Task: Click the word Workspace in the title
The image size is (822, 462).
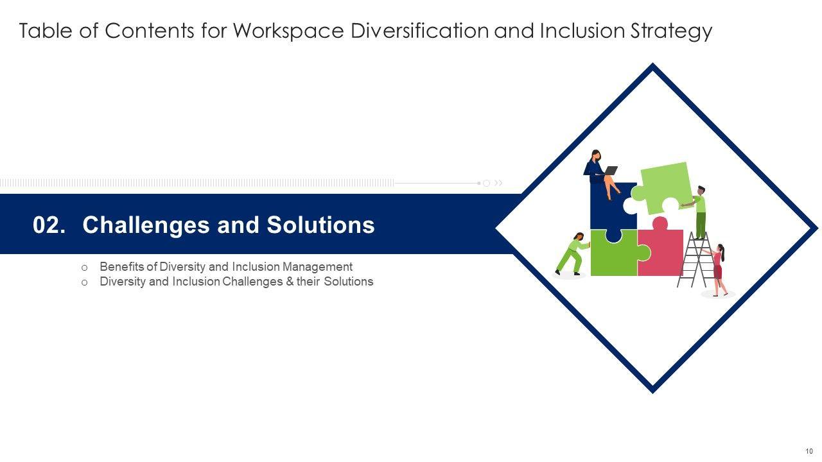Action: click(288, 31)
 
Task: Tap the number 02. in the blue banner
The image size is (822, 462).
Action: click(49, 225)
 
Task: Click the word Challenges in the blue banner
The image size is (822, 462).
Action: click(146, 225)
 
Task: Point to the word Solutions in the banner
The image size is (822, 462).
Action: click(320, 225)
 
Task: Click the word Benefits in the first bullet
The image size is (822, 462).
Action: click(122, 266)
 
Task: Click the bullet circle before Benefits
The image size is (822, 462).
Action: click(84, 268)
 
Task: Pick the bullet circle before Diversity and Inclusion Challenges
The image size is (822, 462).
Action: click(84, 283)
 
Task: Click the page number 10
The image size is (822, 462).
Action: click(809, 451)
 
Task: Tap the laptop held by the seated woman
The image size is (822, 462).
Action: click(611, 171)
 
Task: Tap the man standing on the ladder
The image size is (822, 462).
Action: click(698, 212)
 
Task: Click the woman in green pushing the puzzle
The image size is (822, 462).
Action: click(572, 253)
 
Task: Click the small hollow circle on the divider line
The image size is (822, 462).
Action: click(487, 183)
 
